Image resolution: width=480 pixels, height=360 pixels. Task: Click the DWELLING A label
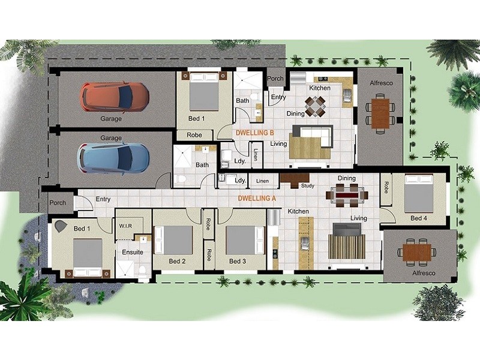(257, 197)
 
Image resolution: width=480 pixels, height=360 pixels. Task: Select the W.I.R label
(125, 226)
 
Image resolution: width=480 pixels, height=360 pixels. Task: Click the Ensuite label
(132, 253)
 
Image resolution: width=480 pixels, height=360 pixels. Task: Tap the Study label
(308, 186)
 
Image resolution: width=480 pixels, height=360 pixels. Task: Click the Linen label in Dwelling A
(262, 181)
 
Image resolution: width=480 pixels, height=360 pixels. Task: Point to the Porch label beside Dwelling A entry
(58, 203)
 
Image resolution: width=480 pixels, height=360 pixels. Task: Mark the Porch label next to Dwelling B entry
(275, 79)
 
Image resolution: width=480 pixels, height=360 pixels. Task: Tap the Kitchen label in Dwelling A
(298, 211)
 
